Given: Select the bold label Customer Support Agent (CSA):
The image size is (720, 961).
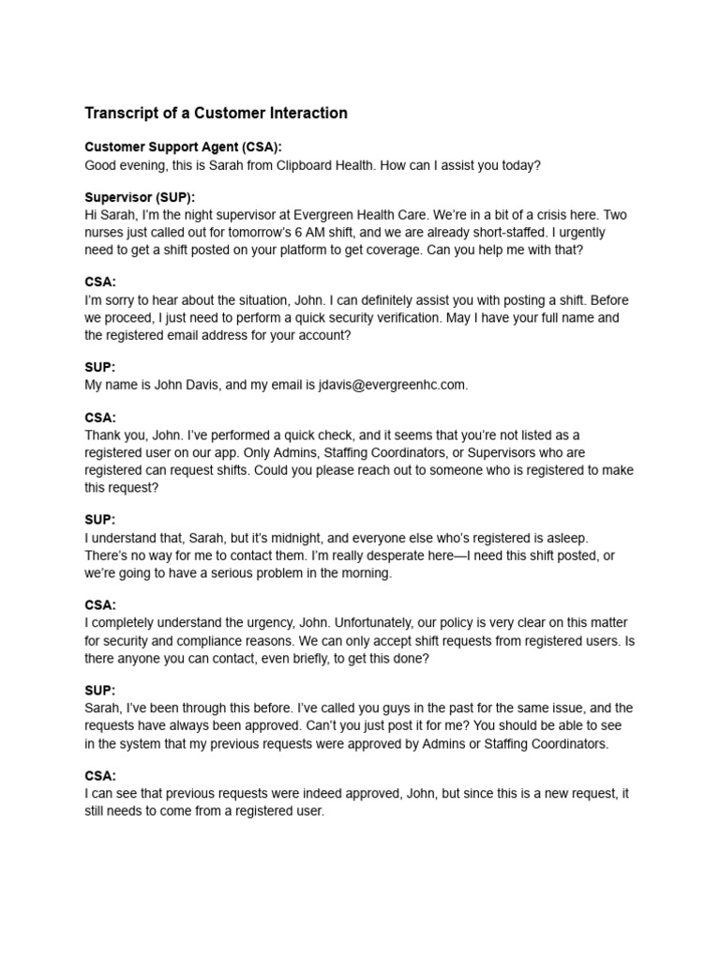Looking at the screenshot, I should coord(183,147).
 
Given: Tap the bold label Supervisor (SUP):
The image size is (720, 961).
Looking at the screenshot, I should coord(140,198).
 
